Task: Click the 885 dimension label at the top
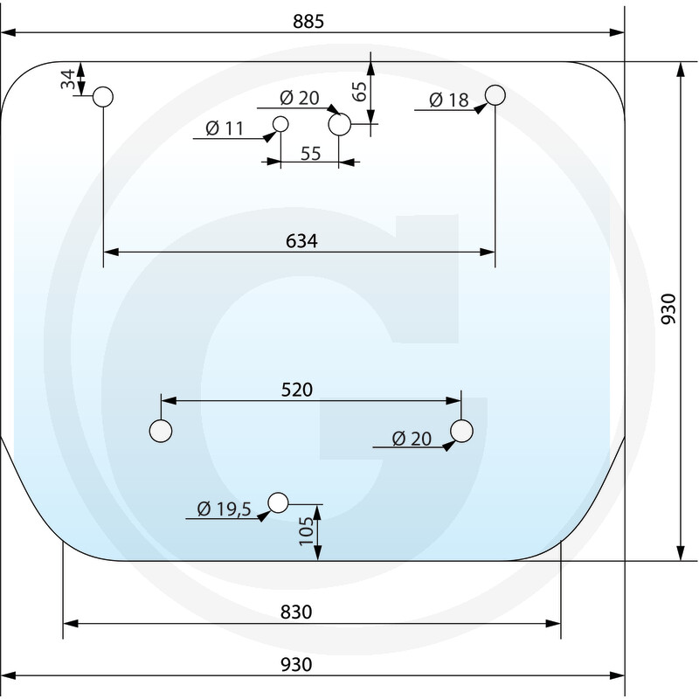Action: pyautogui.click(x=308, y=21)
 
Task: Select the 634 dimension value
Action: pyautogui.click(x=301, y=241)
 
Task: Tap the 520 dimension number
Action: pyautogui.click(x=297, y=390)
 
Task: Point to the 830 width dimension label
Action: pyautogui.click(x=296, y=612)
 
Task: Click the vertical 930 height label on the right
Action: pyautogui.click(x=668, y=309)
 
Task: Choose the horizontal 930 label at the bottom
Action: pyautogui.click(x=296, y=665)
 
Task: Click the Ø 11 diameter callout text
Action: pyautogui.click(x=225, y=128)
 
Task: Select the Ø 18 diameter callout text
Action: pyautogui.click(x=449, y=100)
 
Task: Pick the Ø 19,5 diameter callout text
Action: pyautogui.click(x=225, y=509)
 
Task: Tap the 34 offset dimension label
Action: pyautogui.click(x=68, y=80)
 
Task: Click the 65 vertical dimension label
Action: pyautogui.click(x=359, y=92)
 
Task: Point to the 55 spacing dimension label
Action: pyautogui.click(x=311, y=154)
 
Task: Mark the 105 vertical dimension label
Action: pyautogui.click(x=306, y=531)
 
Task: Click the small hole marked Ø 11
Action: pyautogui.click(x=280, y=124)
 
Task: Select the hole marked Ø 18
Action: pyautogui.click(x=495, y=95)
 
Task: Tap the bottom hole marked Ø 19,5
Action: pyautogui.click(x=278, y=503)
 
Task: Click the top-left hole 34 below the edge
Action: pyautogui.click(x=103, y=97)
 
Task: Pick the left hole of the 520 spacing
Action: pyautogui.click(x=161, y=431)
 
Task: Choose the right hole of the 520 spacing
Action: pyautogui.click(x=461, y=431)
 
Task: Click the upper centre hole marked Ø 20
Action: pyautogui.click(x=340, y=124)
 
